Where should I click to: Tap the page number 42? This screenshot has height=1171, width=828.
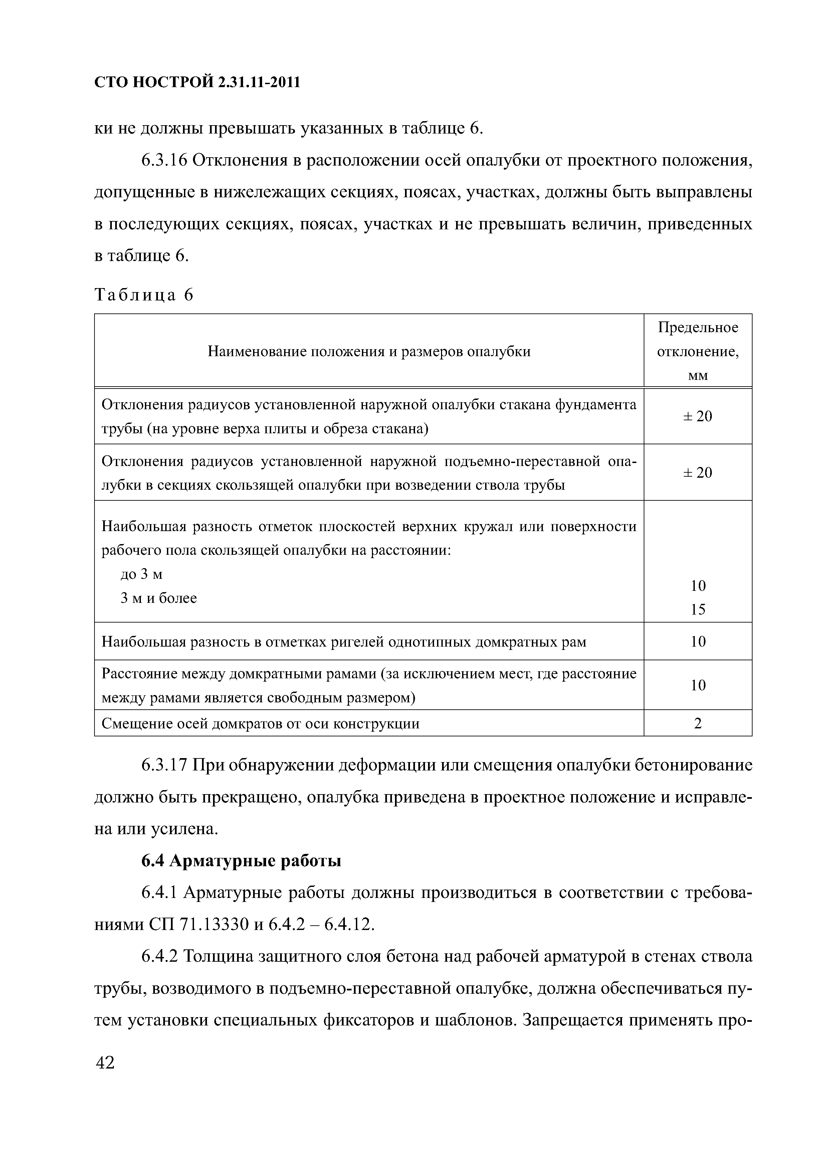click(x=105, y=1063)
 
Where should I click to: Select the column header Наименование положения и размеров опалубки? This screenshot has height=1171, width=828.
click(x=369, y=352)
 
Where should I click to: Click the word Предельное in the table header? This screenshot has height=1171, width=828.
click(x=697, y=327)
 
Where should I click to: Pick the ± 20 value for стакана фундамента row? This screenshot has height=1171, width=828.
click(x=697, y=416)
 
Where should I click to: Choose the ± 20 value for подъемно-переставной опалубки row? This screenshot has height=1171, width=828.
click(x=697, y=472)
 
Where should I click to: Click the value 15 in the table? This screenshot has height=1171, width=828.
click(x=697, y=609)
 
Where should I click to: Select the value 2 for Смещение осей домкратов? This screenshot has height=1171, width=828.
click(x=697, y=723)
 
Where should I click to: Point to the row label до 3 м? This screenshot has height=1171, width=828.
click(x=141, y=574)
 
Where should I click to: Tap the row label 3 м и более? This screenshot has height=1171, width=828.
click(x=159, y=598)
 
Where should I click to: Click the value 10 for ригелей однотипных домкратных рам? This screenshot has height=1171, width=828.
click(x=697, y=641)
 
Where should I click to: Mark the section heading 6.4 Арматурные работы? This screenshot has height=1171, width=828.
click(x=241, y=861)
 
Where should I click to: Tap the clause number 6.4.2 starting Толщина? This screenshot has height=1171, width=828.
click(x=159, y=956)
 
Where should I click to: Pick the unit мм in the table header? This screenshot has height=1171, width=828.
click(x=697, y=376)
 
